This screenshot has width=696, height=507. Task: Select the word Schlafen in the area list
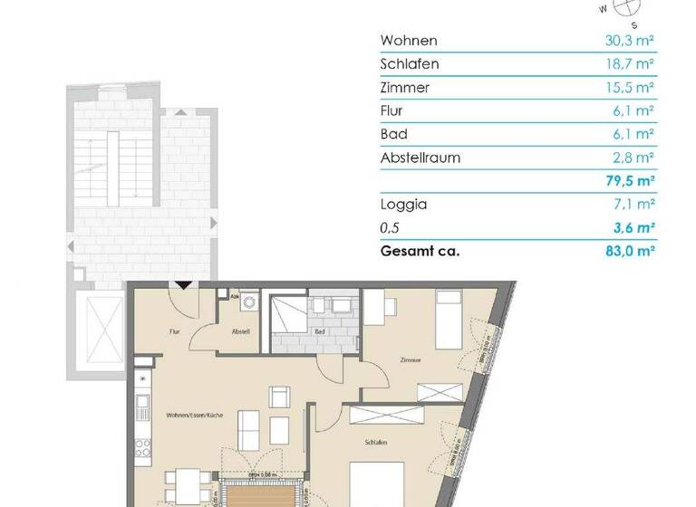coord(411,64)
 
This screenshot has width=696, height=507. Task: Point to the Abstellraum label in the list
coord(420,158)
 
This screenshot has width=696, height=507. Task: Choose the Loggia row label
coord(404,205)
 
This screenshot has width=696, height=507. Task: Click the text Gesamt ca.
coord(420,251)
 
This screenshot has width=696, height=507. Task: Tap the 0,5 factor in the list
coord(391,228)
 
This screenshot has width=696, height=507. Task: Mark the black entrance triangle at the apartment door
coord(182,285)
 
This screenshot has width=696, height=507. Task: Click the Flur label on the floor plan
coord(174,331)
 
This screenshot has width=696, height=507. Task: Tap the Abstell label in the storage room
coord(241,331)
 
